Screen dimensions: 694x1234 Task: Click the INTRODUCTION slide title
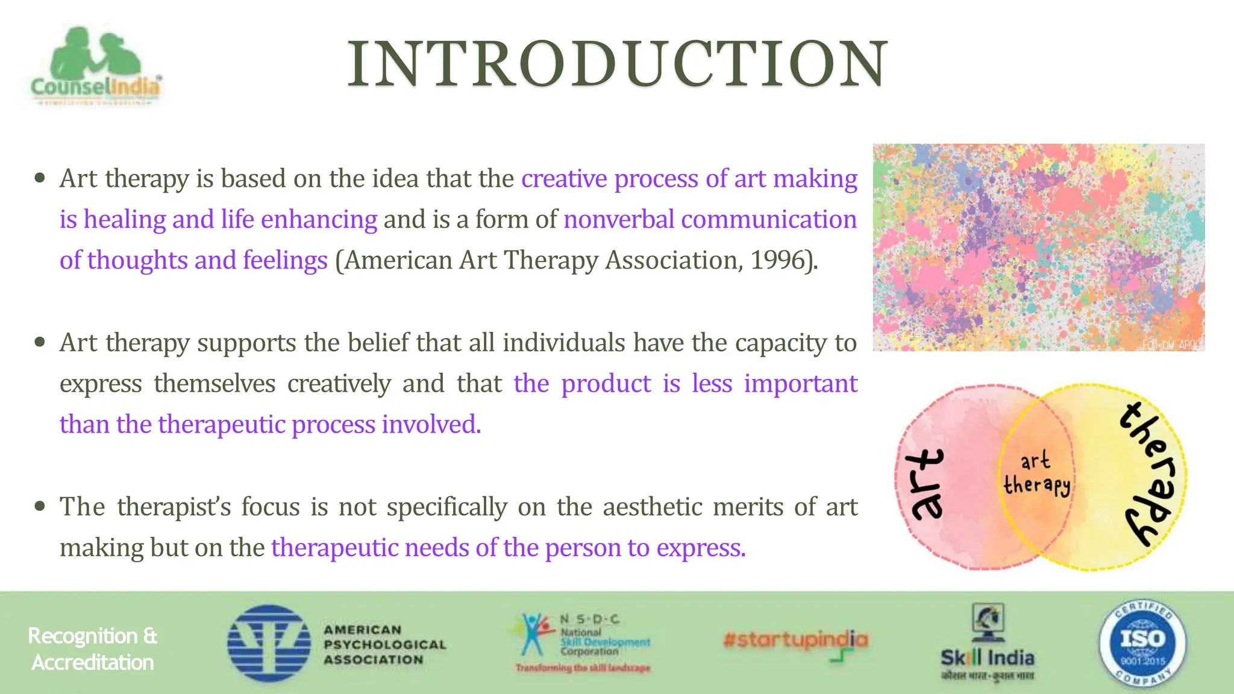(617, 64)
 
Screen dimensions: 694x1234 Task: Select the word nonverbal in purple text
(618, 219)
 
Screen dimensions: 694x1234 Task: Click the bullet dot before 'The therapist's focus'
(40, 507)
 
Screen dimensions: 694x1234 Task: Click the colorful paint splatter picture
(1038, 247)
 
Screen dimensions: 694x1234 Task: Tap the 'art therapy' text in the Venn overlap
(1036, 474)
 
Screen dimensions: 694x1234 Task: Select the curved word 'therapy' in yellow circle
(1149, 474)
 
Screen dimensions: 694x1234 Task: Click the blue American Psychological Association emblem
(269, 643)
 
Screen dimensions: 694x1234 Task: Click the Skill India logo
(988, 643)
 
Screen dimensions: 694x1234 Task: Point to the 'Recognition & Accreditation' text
(92, 649)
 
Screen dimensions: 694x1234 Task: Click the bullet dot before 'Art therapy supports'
(40, 343)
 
